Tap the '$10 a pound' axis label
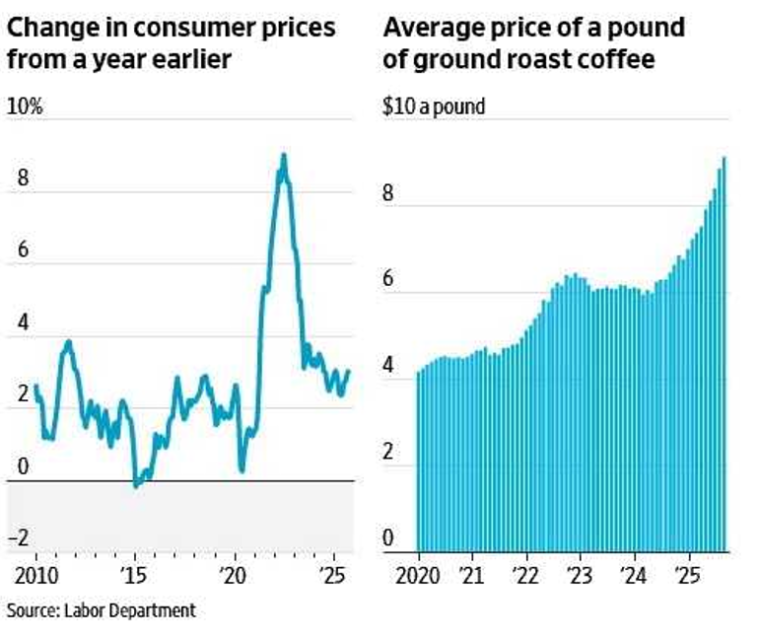click(434, 106)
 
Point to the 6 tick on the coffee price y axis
click(388, 280)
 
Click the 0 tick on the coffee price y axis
click(388, 539)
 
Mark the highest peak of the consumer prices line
click(284, 156)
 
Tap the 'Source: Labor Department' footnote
click(102, 610)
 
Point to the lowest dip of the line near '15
click(136, 485)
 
